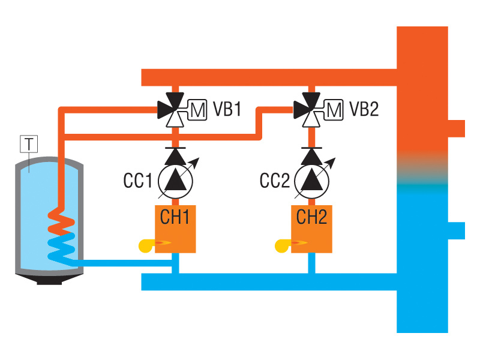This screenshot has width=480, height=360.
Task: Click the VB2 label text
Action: (364, 110)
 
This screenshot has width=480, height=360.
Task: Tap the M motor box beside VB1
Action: (197, 110)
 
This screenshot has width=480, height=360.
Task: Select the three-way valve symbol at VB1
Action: (174, 110)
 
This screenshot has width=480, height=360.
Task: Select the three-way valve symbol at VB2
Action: (311, 110)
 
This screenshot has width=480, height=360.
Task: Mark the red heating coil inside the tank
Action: (60, 222)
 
